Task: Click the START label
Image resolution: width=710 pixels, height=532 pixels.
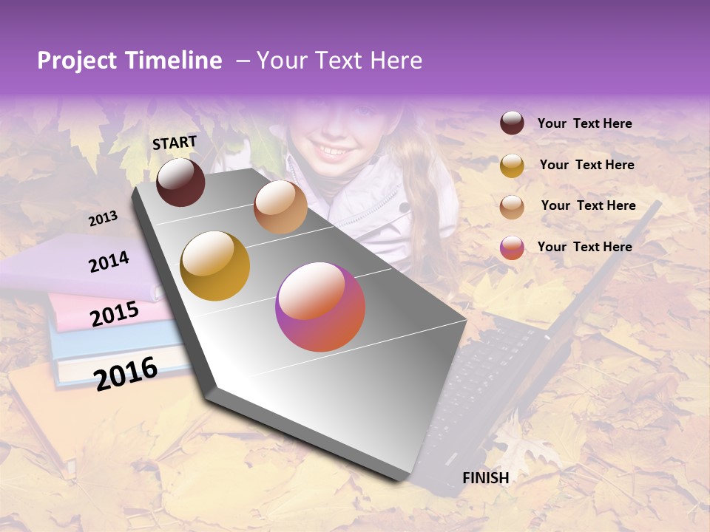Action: click(175, 143)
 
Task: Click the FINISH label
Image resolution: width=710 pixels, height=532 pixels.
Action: click(485, 478)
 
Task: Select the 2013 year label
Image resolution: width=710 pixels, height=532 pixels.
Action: click(103, 219)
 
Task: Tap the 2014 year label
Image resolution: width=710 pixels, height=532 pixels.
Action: click(109, 262)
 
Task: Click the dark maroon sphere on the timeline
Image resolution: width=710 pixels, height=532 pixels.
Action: click(180, 182)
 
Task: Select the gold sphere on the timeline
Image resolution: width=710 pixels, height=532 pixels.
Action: click(214, 266)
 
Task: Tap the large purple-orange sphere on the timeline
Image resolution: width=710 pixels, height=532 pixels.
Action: click(320, 307)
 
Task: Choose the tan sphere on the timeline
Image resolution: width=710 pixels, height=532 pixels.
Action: click(280, 207)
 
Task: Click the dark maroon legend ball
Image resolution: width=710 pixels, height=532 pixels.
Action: click(512, 123)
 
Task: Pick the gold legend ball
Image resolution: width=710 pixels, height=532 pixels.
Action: click(512, 165)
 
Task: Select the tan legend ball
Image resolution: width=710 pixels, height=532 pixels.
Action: click(512, 206)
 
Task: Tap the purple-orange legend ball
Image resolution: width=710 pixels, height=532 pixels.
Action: click(512, 248)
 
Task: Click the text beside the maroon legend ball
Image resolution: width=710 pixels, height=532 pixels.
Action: click(584, 123)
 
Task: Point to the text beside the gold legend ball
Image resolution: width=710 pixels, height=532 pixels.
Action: click(586, 165)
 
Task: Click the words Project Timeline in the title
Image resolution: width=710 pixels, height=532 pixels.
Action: click(129, 61)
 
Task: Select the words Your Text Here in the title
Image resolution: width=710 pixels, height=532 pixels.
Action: click(339, 61)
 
